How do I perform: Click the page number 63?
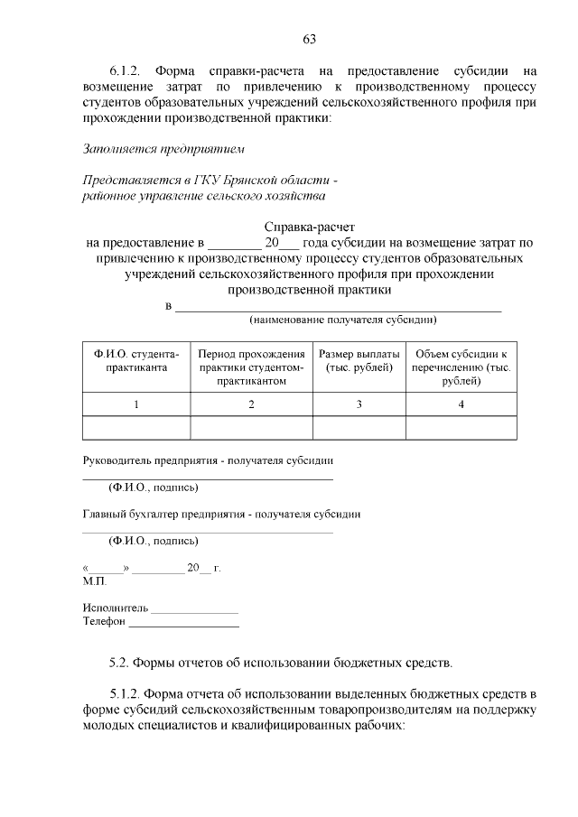[309, 39]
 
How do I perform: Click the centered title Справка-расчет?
[309, 227]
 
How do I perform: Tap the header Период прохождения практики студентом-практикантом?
[251, 367]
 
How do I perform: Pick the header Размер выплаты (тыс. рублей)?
[359, 361]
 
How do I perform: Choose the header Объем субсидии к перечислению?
[461, 367]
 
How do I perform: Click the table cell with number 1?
[136, 404]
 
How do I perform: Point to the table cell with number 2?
[251, 404]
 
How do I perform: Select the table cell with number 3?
[359, 404]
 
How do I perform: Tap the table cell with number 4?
[461, 404]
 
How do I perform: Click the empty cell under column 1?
[136, 427]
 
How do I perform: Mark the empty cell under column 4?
[461, 427]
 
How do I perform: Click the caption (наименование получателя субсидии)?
[343, 320]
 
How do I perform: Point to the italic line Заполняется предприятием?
[163, 147]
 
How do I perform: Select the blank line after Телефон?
[184, 626]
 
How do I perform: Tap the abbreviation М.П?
[94, 582]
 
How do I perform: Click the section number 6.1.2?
[126, 70]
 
